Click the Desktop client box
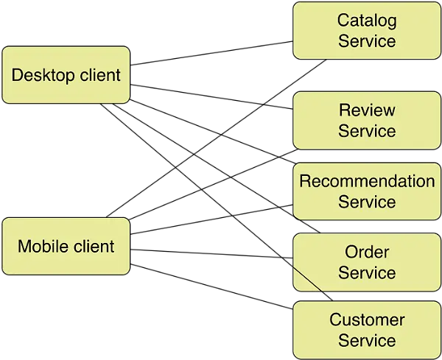click(66, 75)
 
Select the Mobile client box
click(66, 247)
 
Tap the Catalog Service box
click(367, 30)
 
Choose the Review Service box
click(367, 121)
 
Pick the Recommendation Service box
click(367, 191)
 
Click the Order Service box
click(367, 262)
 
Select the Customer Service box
click(367, 330)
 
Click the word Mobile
click(42, 247)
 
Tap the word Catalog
click(367, 21)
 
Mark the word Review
click(367, 110)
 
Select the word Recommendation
click(367, 181)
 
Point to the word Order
click(367, 252)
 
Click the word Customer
click(367, 320)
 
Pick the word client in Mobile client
click(93, 247)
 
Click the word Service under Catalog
click(367, 40)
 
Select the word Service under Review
click(367, 131)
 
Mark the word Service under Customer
click(367, 340)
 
